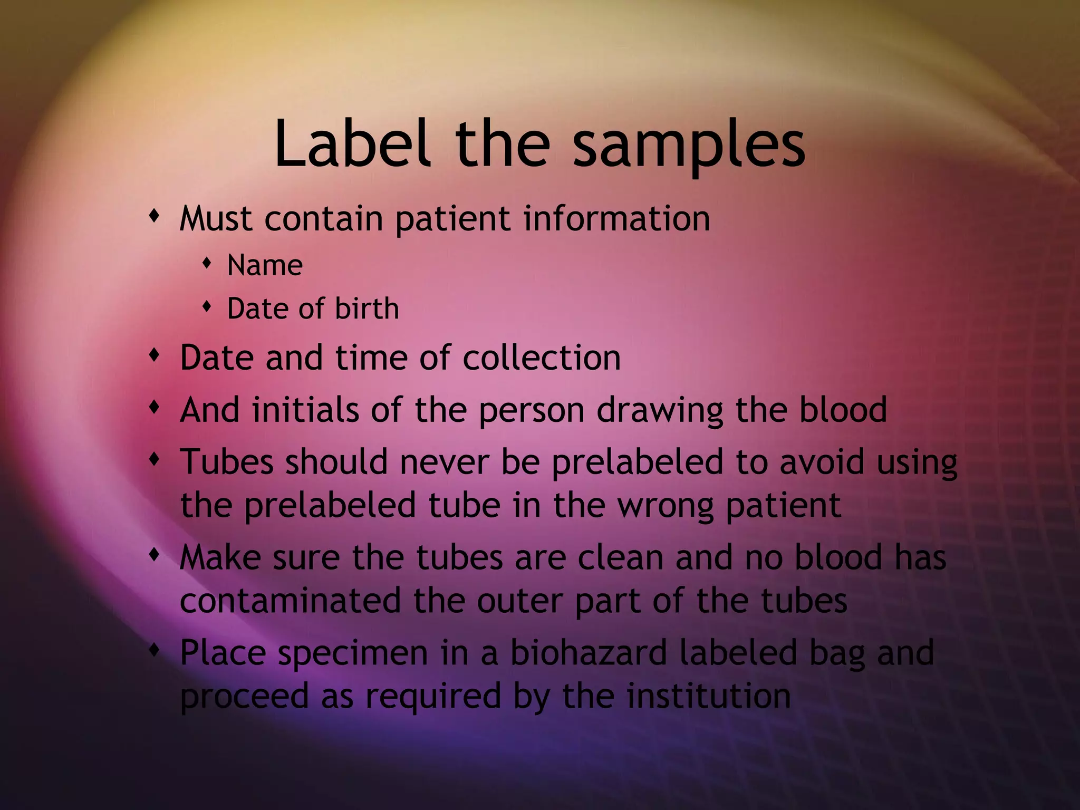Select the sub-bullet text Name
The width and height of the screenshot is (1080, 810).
(x=265, y=265)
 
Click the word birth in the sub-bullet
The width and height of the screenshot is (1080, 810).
(x=367, y=308)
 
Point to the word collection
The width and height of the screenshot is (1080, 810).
(x=542, y=358)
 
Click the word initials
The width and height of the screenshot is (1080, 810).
(x=305, y=410)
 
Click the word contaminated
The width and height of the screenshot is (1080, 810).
(x=291, y=601)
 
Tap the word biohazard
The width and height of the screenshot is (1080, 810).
(x=589, y=653)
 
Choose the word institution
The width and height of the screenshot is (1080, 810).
(x=709, y=696)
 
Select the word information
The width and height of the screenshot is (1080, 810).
(x=616, y=218)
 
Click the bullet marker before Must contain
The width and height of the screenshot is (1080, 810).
(x=154, y=216)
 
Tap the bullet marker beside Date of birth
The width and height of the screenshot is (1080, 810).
(x=207, y=306)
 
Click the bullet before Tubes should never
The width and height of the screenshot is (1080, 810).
(x=154, y=459)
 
